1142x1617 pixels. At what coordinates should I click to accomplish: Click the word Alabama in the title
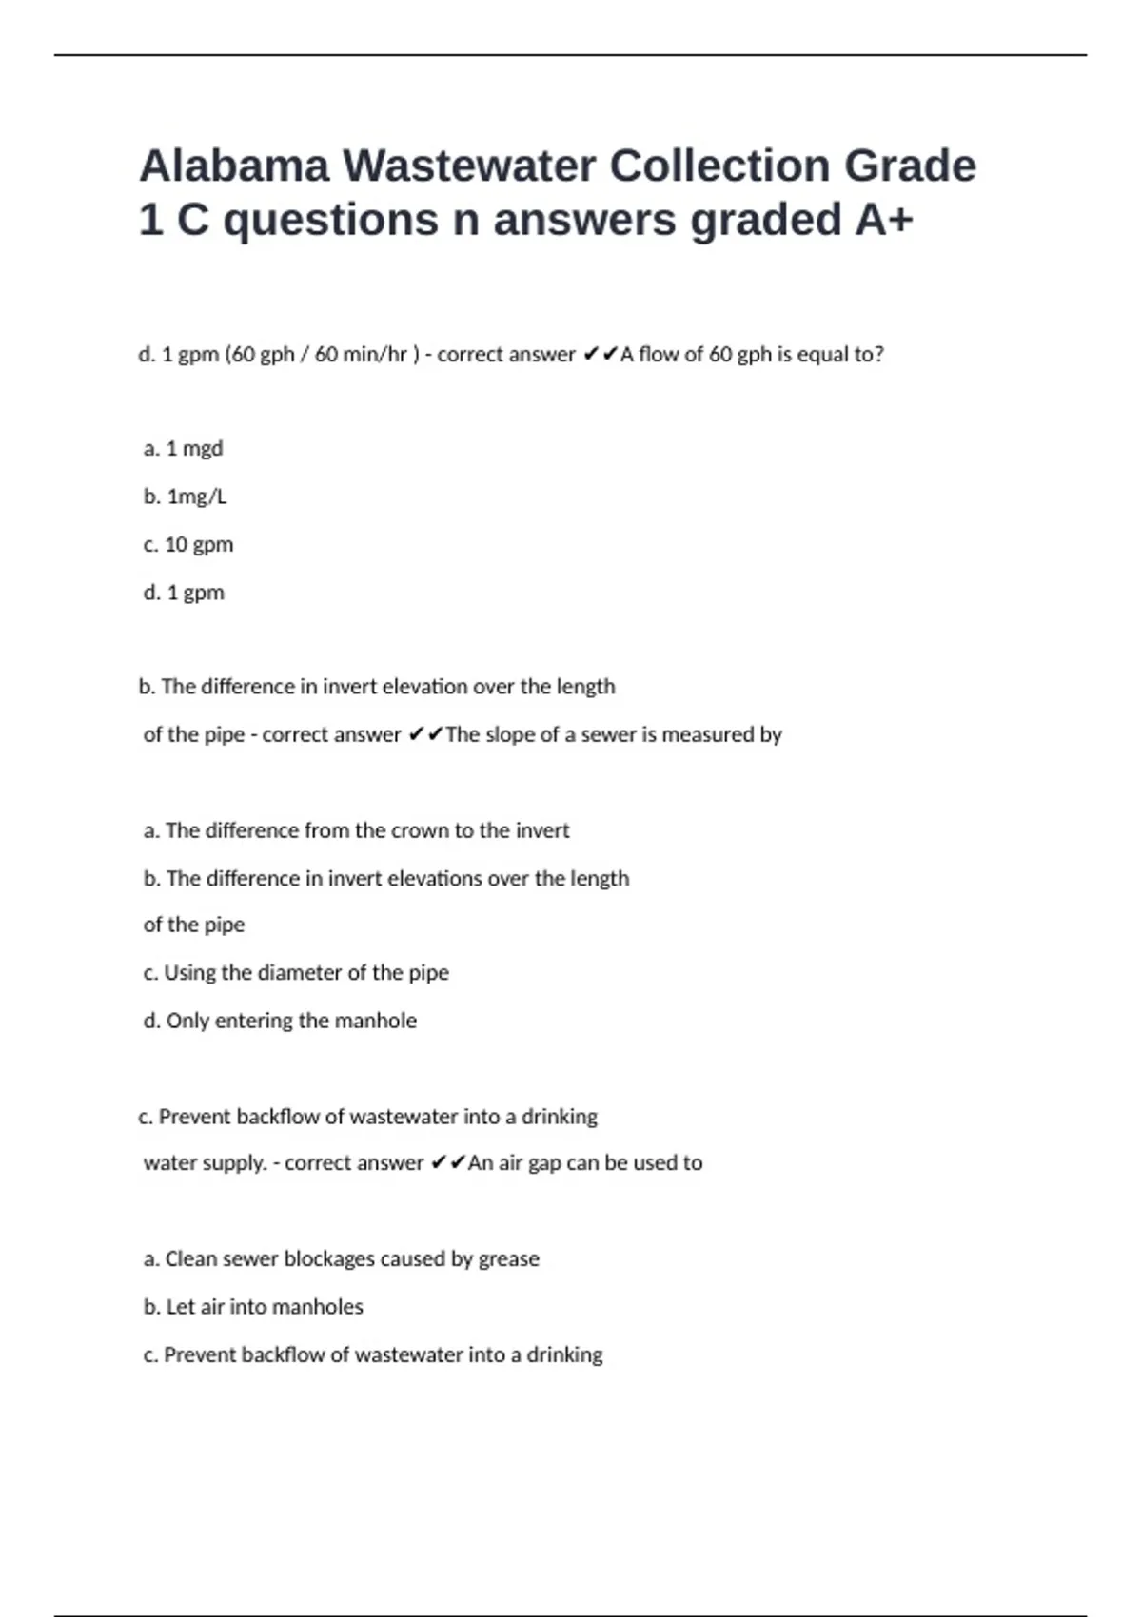233,166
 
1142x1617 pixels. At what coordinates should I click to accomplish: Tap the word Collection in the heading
719,166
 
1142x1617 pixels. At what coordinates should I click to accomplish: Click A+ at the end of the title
884,220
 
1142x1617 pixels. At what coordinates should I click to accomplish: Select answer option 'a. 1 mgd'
183,448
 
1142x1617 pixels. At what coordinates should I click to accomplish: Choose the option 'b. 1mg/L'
185,497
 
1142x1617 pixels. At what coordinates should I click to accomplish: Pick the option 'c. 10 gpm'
187,544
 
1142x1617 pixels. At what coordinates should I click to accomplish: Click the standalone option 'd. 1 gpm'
184,593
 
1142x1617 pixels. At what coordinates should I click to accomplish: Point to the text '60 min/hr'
361,355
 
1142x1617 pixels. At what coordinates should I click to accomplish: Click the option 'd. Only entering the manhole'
280,1021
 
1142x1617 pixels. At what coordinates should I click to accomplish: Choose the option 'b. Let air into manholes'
253,1307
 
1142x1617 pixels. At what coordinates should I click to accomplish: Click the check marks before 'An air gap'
447,1162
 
